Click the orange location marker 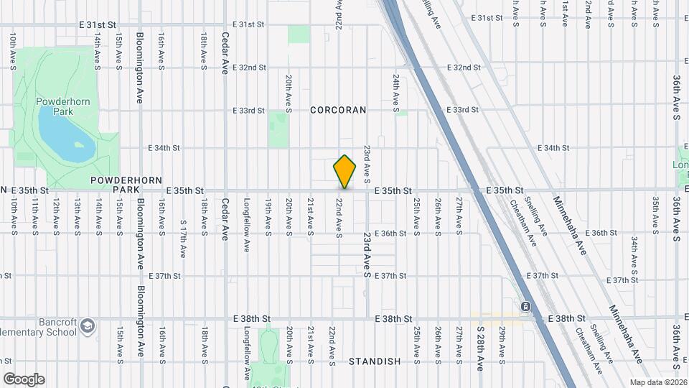pyautogui.click(x=344, y=171)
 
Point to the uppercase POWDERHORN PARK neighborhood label pyautogui.click(x=126, y=185)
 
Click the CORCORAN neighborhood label pyautogui.click(x=338, y=110)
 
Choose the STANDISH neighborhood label pyautogui.click(x=375, y=361)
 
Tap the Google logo pyautogui.click(x=24, y=379)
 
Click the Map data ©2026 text pyautogui.click(x=657, y=382)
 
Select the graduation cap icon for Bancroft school pyautogui.click(x=88, y=325)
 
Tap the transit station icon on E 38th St pyautogui.click(x=526, y=308)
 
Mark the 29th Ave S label pyautogui.click(x=502, y=341)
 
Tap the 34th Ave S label pyautogui.click(x=634, y=249)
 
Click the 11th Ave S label pyautogui.click(x=34, y=217)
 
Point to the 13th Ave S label pyautogui.click(x=77, y=217)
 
